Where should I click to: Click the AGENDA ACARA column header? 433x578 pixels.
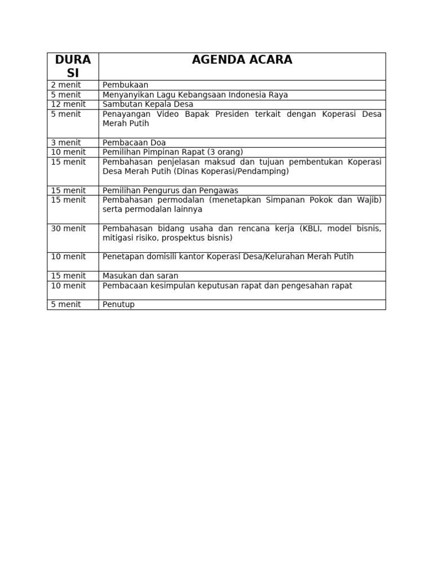pos(242,60)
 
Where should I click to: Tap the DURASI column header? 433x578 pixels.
pos(73,66)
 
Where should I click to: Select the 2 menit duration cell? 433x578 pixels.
pos(66,85)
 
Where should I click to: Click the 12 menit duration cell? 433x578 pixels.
pos(68,104)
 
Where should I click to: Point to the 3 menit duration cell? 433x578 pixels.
pos(66,143)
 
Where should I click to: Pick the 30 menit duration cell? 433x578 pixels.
pos(68,229)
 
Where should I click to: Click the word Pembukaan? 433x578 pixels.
pos(125,85)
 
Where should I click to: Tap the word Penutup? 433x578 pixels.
pos(118,305)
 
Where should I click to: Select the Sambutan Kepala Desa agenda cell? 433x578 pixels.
pos(148,104)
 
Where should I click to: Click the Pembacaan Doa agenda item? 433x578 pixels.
pos(134,143)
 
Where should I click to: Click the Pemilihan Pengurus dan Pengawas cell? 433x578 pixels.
pos(170,191)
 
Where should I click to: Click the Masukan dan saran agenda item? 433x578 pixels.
pos(140,276)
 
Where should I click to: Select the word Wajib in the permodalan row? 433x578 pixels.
pos(369,200)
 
